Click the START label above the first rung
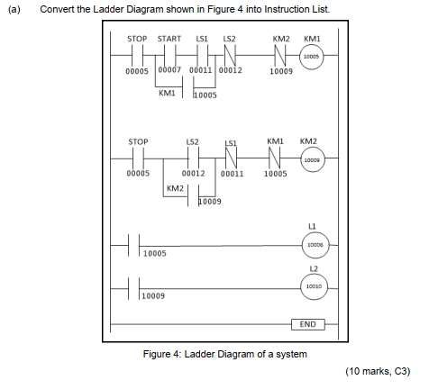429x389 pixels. click(x=169, y=40)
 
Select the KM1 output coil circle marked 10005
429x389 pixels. click(x=312, y=56)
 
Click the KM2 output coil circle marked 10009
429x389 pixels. click(x=312, y=159)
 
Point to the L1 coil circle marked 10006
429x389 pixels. click(x=312, y=244)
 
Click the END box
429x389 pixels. click(x=307, y=323)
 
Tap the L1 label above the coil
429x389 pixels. click(x=312, y=228)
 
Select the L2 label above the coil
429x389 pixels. click(x=312, y=270)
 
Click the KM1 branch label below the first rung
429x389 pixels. click(x=167, y=93)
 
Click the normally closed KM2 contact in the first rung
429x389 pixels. click(x=280, y=56)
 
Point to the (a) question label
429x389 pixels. click(x=11, y=9)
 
